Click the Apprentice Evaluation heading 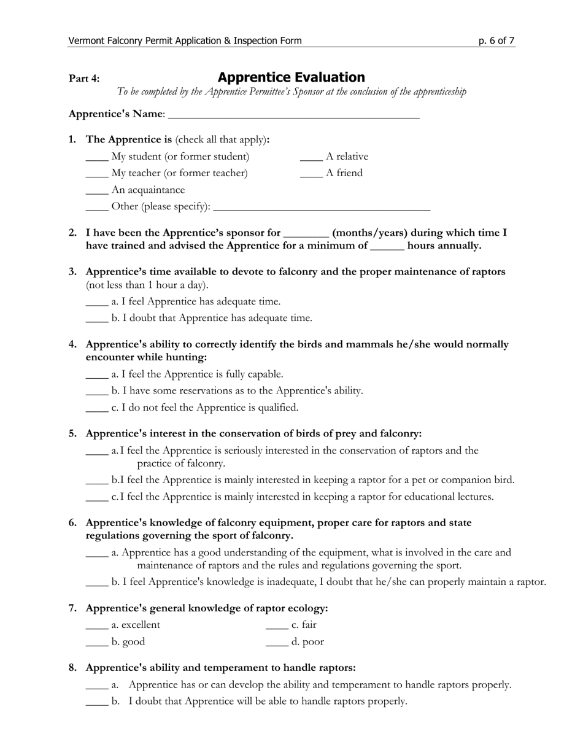point(291,77)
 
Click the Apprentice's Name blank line point(293,115)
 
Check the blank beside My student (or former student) point(97,158)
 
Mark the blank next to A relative point(311,158)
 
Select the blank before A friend point(311,174)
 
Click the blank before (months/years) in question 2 point(307,234)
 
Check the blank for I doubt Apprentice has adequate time point(97,319)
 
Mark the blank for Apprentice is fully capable point(97,375)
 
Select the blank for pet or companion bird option point(97,481)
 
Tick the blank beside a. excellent point(97,626)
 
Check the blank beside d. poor point(277,643)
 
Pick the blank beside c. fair point(277,626)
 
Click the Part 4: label point(84,79)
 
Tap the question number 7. point(72,608)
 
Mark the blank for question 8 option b point(97,702)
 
